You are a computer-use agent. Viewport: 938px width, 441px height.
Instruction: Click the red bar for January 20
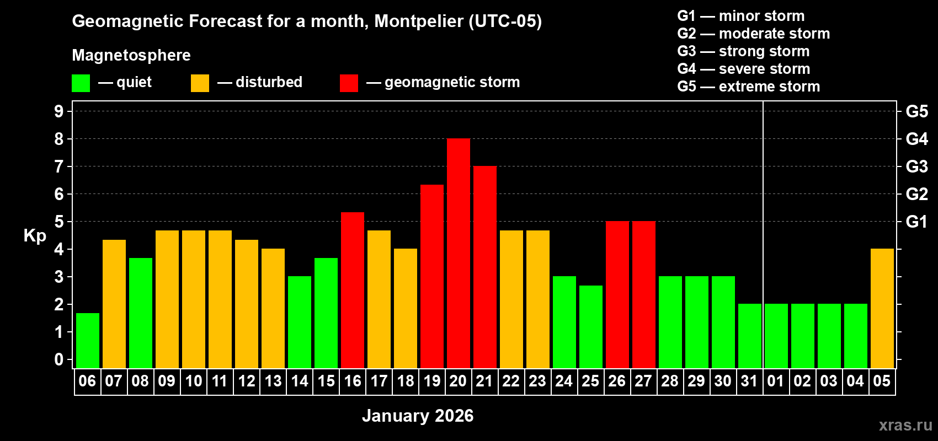[459, 254]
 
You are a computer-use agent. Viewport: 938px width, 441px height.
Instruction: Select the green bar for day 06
[88, 341]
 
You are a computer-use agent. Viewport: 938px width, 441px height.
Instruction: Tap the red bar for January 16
[353, 291]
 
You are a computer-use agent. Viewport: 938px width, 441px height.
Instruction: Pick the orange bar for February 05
[882, 309]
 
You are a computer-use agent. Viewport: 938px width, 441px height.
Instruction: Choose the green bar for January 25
[591, 327]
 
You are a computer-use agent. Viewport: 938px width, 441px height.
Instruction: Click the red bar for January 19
[432, 277]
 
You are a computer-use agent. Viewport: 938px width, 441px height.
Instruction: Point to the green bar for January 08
[141, 313]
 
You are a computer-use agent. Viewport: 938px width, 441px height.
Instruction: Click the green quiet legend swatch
[81, 83]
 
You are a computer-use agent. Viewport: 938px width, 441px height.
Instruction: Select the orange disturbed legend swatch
[200, 83]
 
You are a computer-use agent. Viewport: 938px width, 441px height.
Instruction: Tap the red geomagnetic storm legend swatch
[349, 83]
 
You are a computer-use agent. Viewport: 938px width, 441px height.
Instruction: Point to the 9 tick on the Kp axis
[59, 111]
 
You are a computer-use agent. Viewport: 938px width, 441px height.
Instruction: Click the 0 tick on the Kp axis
[59, 359]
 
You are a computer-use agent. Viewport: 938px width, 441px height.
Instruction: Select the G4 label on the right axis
[916, 139]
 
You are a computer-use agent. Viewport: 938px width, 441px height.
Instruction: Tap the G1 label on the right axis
[916, 222]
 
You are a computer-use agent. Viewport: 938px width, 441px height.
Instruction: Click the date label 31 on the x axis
[749, 381]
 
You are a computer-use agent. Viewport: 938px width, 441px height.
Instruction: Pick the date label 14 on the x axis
[300, 381]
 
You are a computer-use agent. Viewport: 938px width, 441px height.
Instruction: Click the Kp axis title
[35, 235]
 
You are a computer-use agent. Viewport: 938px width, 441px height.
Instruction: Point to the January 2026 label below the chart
[418, 416]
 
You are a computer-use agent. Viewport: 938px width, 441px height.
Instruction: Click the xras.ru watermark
[905, 425]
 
